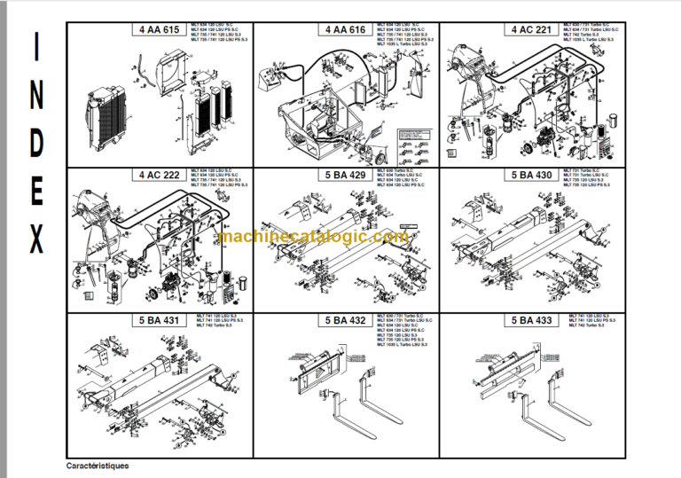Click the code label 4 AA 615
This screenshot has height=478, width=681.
[159, 30]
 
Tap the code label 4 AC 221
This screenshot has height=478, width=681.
[532, 30]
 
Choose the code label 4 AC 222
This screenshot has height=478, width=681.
[159, 175]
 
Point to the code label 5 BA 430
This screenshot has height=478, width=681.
[532, 175]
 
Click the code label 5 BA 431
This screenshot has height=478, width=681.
[159, 319]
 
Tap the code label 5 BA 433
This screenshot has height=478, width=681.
[532, 319]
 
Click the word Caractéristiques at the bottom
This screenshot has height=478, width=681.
[98, 466]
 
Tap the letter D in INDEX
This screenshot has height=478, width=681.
[35, 143]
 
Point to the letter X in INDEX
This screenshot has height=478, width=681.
[35, 239]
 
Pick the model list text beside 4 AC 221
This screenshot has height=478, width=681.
[588, 35]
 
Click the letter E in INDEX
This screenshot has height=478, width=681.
[35, 191]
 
